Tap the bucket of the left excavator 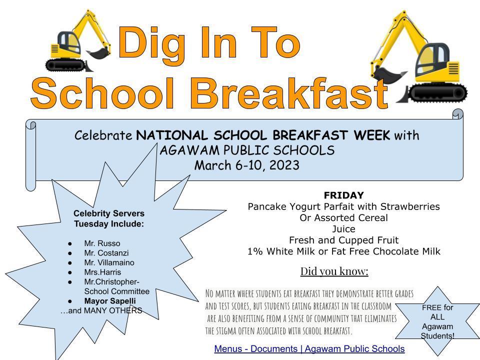(98, 53)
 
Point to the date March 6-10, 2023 (246, 165)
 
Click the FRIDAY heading (344, 195)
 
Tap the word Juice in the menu (344, 229)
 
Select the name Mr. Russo (102, 243)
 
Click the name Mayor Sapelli (110, 301)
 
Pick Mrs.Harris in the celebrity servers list (102, 272)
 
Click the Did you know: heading (334, 271)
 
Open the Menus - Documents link (309, 348)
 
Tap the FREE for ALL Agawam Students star (437, 321)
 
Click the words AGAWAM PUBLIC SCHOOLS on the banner (247, 150)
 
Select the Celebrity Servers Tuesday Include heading (109, 218)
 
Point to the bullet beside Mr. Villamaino (70, 263)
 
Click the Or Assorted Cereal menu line (344, 217)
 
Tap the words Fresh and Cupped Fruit (344, 240)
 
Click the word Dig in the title (152, 44)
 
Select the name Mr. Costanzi (106, 253)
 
